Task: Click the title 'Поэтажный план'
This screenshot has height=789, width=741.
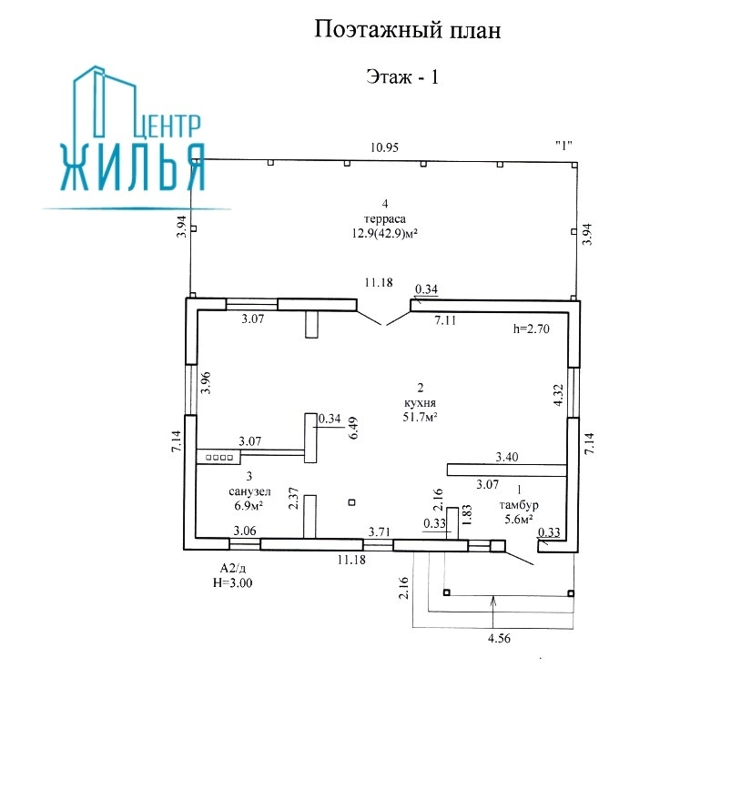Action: tap(408, 31)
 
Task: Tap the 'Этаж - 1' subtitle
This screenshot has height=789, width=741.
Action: tap(402, 77)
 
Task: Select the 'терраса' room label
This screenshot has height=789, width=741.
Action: tap(386, 218)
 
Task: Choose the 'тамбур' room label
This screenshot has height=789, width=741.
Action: tap(518, 505)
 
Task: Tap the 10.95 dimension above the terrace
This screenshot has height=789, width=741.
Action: tap(383, 147)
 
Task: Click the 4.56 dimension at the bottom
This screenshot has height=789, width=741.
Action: tap(498, 640)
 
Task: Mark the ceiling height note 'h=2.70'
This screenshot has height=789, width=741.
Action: tap(533, 330)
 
